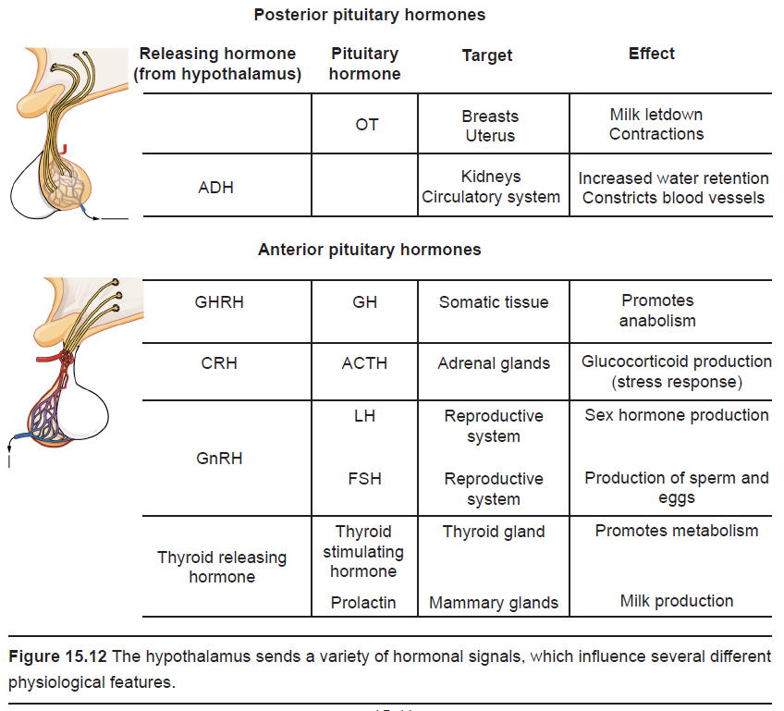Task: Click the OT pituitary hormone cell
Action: pos(366,125)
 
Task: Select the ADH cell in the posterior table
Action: pos(215,188)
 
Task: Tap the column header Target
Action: pos(487,55)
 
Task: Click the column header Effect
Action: pos(651,54)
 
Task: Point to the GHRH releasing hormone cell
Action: pos(219,302)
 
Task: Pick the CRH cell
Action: pos(219,363)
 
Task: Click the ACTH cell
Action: pos(364,363)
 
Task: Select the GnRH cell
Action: pos(219,458)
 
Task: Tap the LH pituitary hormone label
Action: pos(364,416)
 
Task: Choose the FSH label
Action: pos(364,479)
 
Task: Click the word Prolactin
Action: pos(363,603)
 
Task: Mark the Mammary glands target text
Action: pos(494,603)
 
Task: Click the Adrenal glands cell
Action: pos(494,363)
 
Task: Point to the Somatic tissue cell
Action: pos(494,302)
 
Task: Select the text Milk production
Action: pos(677,601)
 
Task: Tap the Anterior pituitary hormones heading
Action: pos(370,250)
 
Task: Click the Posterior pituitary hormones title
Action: pos(370,15)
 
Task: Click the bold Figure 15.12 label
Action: pos(57,656)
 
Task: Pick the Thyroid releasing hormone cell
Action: pos(222,567)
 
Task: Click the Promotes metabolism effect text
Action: pos(677,531)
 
